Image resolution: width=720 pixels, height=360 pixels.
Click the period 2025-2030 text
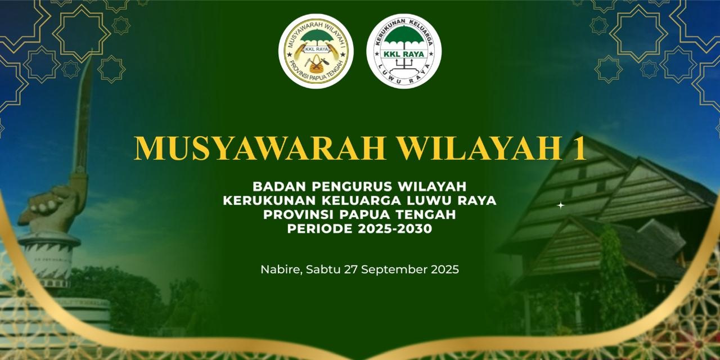click(x=395, y=229)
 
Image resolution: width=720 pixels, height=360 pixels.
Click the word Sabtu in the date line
click(x=323, y=269)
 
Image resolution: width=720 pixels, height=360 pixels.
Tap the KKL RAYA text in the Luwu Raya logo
click(x=404, y=54)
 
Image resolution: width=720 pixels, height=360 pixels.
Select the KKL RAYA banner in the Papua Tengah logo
click(x=316, y=49)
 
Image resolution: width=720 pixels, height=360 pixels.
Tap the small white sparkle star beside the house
click(x=561, y=205)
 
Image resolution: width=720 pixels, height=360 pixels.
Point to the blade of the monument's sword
click(x=84, y=112)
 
